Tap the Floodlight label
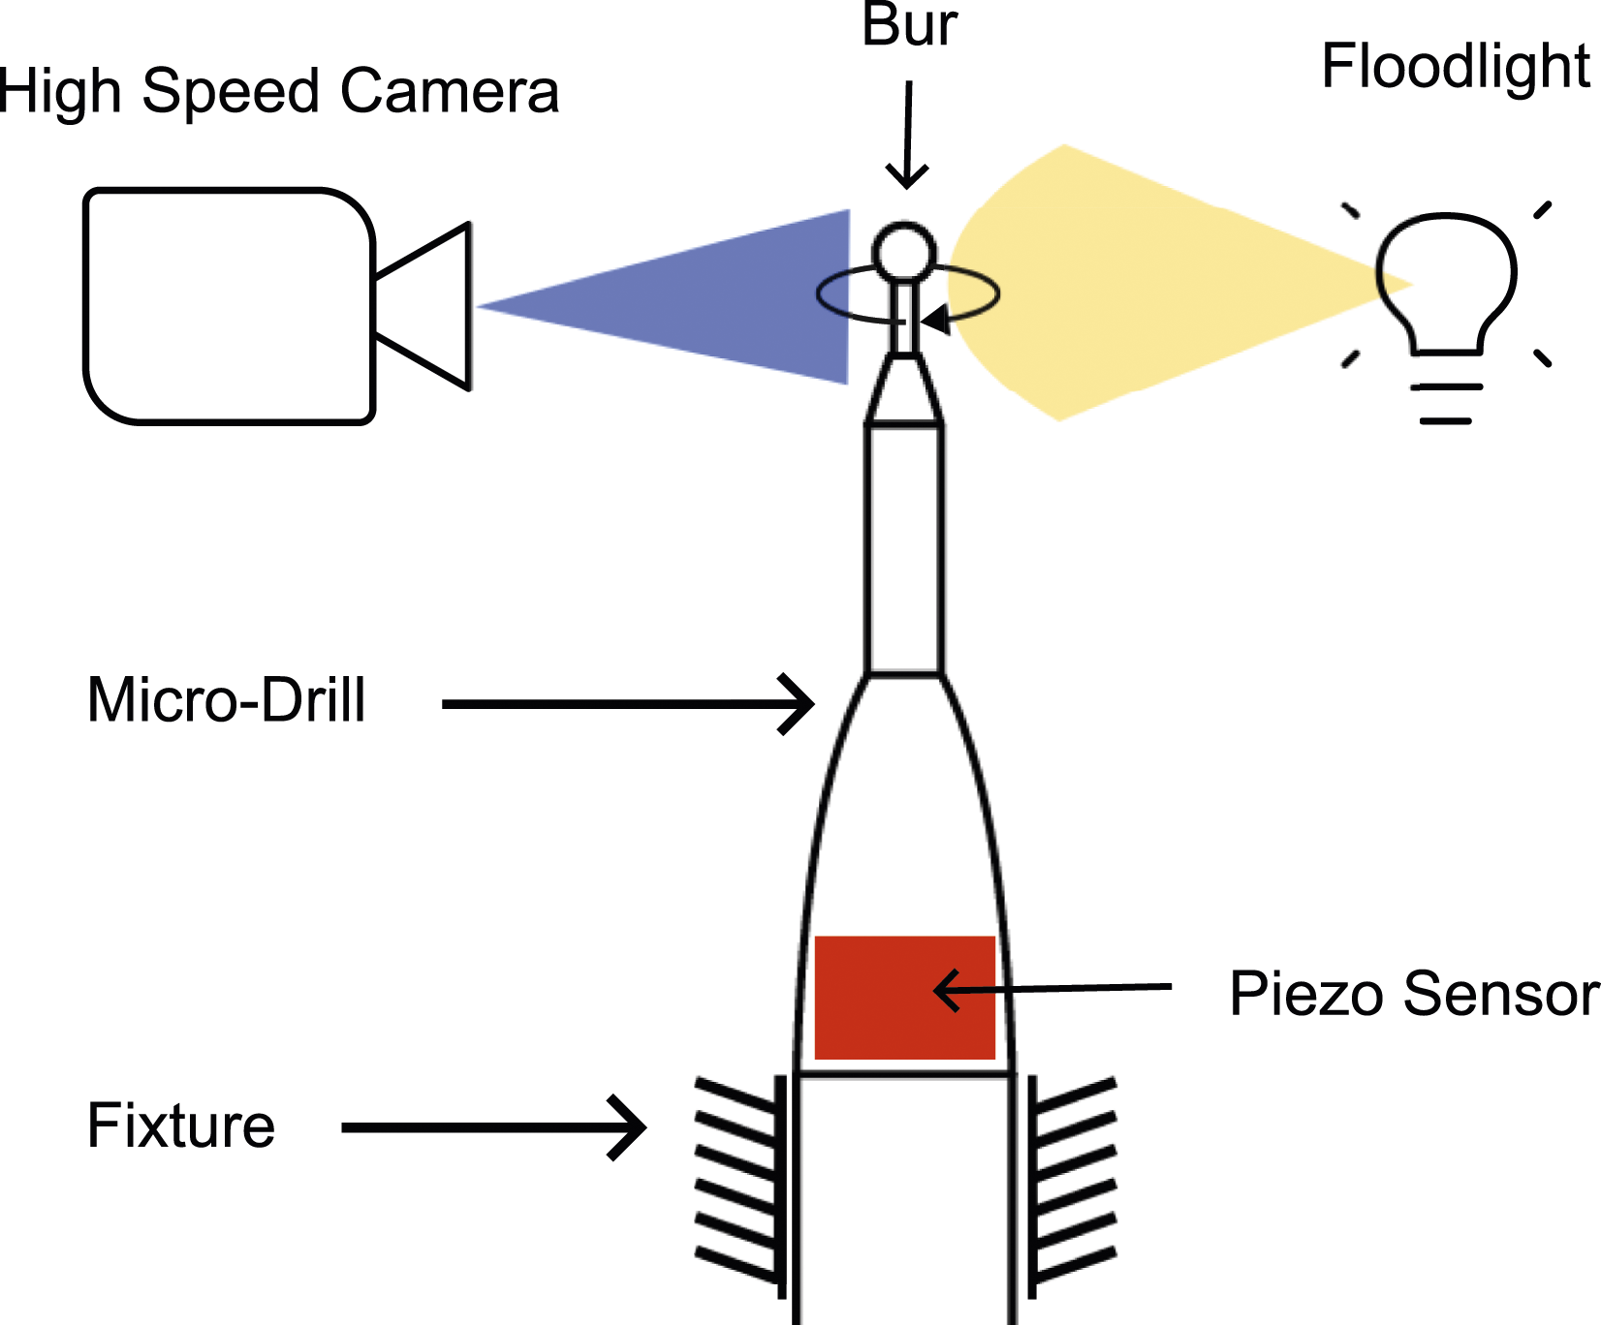[1456, 66]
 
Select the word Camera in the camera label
[450, 91]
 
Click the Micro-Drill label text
[226, 699]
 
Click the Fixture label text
[181, 1125]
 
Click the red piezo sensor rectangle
[905, 998]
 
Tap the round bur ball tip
[904, 252]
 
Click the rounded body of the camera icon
[229, 306]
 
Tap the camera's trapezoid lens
[423, 306]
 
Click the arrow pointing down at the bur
[908, 136]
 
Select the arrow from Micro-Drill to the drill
[628, 704]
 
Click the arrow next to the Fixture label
[494, 1126]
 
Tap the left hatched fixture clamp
[741, 1186]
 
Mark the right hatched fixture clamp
[1072, 1186]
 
